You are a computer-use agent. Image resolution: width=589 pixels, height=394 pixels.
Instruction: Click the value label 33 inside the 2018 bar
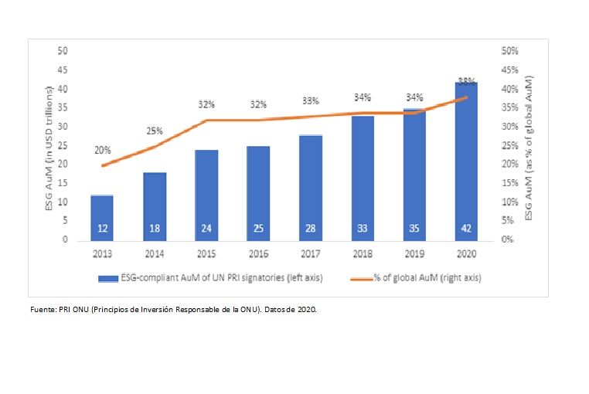tap(362, 229)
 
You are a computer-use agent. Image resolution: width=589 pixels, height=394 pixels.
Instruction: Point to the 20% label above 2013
tap(102, 151)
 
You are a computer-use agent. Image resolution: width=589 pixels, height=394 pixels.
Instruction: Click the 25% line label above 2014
tap(155, 131)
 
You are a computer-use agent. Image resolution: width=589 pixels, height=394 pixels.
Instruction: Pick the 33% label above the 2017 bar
tap(309, 100)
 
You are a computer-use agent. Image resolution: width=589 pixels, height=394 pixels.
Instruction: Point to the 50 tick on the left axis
tap(63, 51)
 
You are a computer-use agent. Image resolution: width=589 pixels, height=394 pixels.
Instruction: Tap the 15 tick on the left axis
tap(63, 183)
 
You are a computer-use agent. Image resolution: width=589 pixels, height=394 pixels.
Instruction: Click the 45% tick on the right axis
tap(509, 70)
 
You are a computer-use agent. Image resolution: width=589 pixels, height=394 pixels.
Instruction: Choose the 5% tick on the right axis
tap(506, 221)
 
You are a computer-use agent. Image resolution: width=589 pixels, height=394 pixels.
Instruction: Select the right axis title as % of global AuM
tap(529, 147)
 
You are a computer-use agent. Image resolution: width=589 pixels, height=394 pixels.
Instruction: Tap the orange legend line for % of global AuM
tap(358, 277)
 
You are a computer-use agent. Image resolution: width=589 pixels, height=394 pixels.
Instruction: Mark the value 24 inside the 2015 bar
tap(206, 229)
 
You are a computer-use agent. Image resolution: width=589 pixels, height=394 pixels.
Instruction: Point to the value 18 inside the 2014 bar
tap(155, 229)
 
